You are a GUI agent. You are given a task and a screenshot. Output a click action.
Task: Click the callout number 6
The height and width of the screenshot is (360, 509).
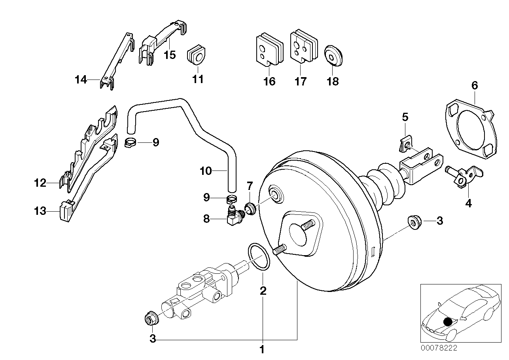coord(475,85)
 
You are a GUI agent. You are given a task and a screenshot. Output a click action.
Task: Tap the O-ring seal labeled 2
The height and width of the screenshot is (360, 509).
coord(259,258)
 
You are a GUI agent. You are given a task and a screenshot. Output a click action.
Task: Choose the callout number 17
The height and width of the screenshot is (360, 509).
coord(301,82)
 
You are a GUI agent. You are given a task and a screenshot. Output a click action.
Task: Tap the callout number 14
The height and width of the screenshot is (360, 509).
coord(80,80)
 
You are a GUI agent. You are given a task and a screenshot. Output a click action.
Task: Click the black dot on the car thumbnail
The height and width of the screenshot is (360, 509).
coord(448,322)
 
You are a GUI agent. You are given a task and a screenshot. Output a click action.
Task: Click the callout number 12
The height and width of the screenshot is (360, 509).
coord(40,183)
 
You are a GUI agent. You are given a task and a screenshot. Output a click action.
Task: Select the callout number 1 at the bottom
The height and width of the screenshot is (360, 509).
coord(261,350)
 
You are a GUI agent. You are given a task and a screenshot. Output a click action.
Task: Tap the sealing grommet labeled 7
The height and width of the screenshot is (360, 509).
coord(250,207)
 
